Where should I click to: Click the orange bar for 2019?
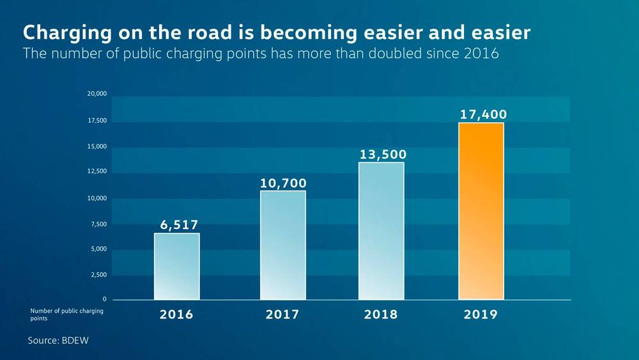(x=481, y=211)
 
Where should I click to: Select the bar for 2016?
(x=176, y=266)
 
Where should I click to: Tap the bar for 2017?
(x=282, y=245)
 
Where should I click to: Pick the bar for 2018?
(x=381, y=231)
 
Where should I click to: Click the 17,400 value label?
(x=483, y=114)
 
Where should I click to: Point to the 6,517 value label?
(x=179, y=224)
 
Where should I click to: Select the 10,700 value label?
(x=283, y=183)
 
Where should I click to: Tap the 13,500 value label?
(x=382, y=154)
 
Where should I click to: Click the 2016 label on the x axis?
(x=176, y=315)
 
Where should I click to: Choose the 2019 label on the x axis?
(x=481, y=315)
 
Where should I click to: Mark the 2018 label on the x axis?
(x=381, y=315)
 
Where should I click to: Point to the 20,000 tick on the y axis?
(x=96, y=95)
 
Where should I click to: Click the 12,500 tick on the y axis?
(x=96, y=171)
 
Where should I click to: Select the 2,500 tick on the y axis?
(x=98, y=274)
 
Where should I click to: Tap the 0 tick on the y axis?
(x=105, y=299)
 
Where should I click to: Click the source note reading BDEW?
(x=58, y=341)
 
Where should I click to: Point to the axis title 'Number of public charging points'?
(x=66, y=314)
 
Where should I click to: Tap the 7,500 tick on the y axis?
(x=98, y=224)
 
